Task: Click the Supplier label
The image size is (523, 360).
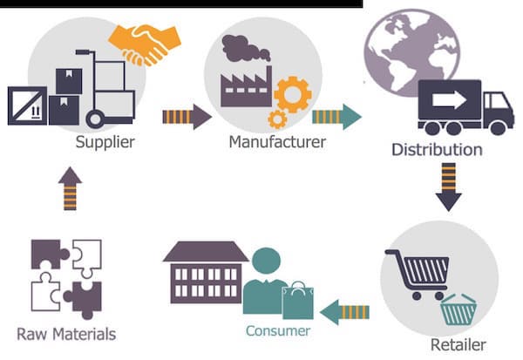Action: click(x=105, y=142)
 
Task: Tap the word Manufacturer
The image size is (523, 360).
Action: click(x=277, y=142)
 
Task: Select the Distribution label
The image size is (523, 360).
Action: click(x=437, y=149)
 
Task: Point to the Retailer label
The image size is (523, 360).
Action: click(x=458, y=344)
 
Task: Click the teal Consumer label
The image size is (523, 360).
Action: click(x=278, y=330)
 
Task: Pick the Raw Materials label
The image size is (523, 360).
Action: click(x=66, y=334)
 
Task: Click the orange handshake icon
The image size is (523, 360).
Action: click(x=145, y=44)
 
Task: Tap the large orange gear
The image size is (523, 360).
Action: click(x=293, y=95)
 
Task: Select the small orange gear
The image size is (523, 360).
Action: click(x=277, y=119)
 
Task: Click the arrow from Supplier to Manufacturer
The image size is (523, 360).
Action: click(x=187, y=117)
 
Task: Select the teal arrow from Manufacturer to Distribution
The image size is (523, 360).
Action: click(x=336, y=117)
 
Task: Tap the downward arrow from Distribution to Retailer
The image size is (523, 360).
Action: click(x=448, y=187)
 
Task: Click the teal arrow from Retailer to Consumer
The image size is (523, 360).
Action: click(x=344, y=312)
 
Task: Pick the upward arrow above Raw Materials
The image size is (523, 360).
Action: click(x=70, y=188)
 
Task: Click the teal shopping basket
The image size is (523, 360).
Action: click(x=458, y=309)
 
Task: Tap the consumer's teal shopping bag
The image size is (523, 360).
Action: click(x=298, y=301)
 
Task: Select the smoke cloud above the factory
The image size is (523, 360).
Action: click(x=246, y=49)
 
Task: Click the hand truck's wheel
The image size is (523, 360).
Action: click(x=95, y=119)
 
